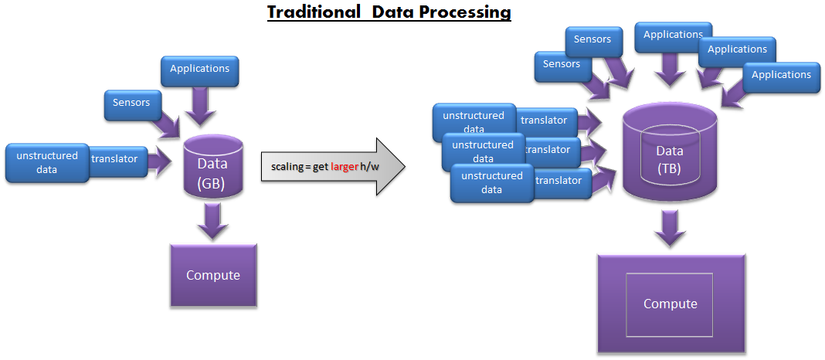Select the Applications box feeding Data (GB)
200,70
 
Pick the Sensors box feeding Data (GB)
131,102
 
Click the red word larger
345,167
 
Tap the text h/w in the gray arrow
370,167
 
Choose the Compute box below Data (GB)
213,276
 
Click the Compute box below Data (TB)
670,304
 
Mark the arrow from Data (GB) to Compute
212,222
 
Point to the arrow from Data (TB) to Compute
669,229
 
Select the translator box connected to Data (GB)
116,160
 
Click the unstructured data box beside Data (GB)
47,162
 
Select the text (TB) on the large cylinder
669,168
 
